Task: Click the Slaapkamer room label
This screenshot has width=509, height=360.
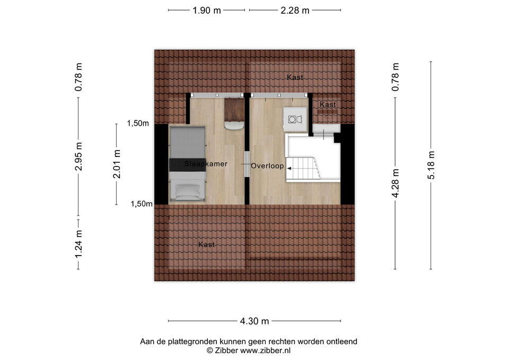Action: pyautogui.click(x=206, y=164)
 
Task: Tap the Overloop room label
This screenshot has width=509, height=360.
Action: pyautogui.click(x=267, y=166)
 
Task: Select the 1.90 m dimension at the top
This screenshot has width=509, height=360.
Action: pyautogui.click(x=207, y=11)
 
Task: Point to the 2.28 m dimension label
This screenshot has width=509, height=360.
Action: pyautogui.click(x=295, y=11)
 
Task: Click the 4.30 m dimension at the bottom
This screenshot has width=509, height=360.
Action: pyautogui.click(x=254, y=321)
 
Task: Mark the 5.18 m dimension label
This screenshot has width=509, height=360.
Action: pyautogui.click(x=431, y=165)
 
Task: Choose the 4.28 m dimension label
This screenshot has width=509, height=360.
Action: pyautogui.click(x=396, y=183)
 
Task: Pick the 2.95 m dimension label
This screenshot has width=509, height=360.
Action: pyautogui.click(x=78, y=156)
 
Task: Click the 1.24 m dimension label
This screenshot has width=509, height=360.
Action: pyautogui.click(x=78, y=244)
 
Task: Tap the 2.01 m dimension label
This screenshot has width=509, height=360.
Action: pyautogui.click(x=117, y=164)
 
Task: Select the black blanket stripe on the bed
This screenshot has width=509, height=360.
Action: pyautogui.click(x=188, y=164)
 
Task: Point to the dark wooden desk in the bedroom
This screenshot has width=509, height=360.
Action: pyautogui.click(x=234, y=109)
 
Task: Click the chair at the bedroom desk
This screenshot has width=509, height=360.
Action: pyautogui.click(x=234, y=126)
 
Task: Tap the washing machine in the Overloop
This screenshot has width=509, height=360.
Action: pyautogui.click(x=295, y=119)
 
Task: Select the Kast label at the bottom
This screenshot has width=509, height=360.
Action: pyautogui.click(x=207, y=244)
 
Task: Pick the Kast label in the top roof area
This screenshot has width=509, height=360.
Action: pyautogui.click(x=295, y=77)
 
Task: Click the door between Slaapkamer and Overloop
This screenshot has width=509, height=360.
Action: pyautogui.click(x=247, y=164)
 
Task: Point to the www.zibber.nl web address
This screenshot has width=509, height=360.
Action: pyautogui.click(x=265, y=350)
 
